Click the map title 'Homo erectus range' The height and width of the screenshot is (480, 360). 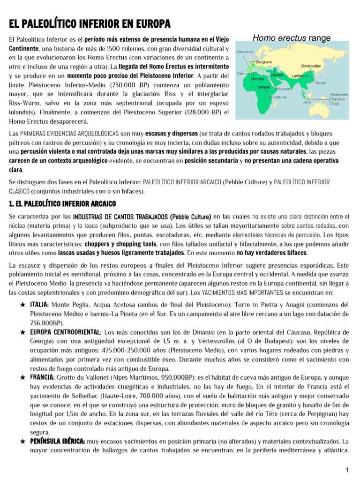[292, 38]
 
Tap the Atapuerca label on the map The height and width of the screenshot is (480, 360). [245, 52]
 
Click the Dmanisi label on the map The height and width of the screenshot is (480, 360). [279, 75]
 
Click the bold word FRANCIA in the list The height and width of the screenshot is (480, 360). [42, 377]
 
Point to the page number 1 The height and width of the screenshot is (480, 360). [347, 470]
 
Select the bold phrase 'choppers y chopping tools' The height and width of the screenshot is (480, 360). [123, 244]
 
